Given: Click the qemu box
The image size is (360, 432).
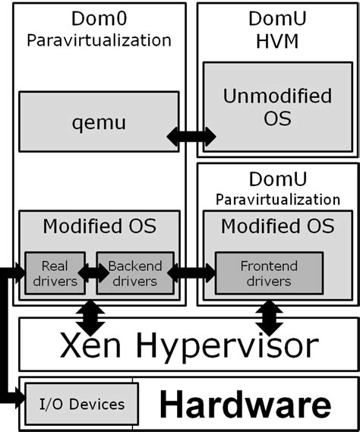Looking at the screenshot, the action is coord(99,121).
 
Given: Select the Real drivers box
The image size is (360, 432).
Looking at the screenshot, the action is coord(55,273).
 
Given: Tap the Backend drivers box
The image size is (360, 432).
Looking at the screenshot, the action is coord(135,273).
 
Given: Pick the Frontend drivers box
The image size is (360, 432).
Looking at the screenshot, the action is coord(269,273).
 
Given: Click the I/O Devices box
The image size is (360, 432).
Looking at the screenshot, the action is coord(81,404).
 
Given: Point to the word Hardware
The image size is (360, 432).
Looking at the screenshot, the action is coord(245,404).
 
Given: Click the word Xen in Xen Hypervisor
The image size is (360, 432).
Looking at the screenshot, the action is coord(90,345).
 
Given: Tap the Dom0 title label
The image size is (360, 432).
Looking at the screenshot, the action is coord(99,18).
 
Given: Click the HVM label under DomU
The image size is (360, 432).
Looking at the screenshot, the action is coord(277,41).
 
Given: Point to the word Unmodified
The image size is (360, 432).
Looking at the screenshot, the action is coord(277,96).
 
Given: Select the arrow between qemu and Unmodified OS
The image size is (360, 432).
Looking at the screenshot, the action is coord(191,137).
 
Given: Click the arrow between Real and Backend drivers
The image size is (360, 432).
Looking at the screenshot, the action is coord(93,273).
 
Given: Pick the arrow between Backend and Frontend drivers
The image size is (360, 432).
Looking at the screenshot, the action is coord(191,273).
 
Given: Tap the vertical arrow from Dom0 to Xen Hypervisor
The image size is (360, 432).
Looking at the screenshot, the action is coord(90,317).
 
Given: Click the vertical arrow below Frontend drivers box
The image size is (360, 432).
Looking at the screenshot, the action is coord(269,318).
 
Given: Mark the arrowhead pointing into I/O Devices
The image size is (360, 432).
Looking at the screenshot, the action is coord(20,398).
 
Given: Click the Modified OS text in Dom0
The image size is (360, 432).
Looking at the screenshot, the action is coord(99,226).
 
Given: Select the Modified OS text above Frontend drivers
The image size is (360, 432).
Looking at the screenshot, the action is coord(278,226).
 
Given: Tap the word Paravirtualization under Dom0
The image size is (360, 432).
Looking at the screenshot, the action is coord(99,40).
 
